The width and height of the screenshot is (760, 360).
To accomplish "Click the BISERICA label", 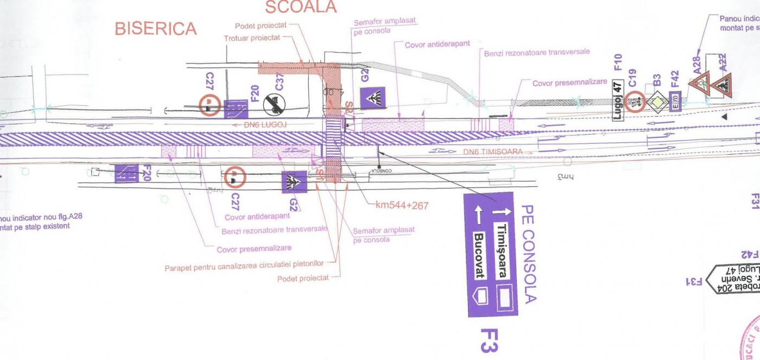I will coord(155,28).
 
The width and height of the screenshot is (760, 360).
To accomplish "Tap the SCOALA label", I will coord(301,7).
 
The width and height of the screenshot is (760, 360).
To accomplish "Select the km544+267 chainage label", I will coord(402,205).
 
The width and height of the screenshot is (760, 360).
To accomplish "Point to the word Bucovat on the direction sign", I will coord(479,256).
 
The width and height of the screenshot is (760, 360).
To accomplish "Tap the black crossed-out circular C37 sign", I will coord(274,104).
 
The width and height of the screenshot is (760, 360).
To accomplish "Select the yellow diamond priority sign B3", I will coord(657,102).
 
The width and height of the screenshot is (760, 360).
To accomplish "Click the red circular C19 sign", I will coord(636,102).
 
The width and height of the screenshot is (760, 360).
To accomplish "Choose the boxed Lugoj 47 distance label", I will coord(617,100).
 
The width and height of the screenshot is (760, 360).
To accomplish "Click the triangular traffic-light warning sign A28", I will coord(700,84).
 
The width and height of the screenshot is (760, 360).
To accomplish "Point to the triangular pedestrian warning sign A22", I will coord(722,84).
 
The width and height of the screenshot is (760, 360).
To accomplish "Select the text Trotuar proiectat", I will coord(252,38).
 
